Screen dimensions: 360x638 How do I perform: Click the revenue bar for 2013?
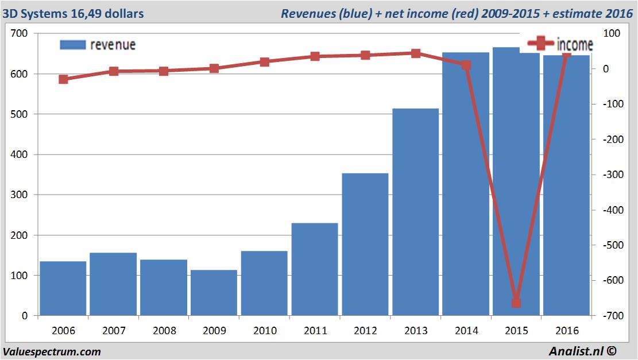(x=415, y=212)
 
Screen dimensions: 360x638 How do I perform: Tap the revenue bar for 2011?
(x=315, y=269)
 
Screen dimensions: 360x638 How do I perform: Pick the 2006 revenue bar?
(x=63, y=288)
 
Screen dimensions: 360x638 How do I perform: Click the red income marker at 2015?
(x=516, y=303)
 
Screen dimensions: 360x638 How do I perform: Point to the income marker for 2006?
(x=63, y=79)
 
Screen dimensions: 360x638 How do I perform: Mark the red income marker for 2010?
(x=264, y=62)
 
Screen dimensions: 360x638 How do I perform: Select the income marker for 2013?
(x=416, y=53)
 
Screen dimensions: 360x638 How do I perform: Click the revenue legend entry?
(x=98, y=45)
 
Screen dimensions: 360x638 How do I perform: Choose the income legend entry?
(x=560, y=44)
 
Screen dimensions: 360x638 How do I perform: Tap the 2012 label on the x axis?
(x=365, y=331)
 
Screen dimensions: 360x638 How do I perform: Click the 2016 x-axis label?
(x=566, y=331)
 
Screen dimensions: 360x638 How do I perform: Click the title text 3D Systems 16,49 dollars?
(x=74, y=13)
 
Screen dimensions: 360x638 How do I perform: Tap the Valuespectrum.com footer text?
(x=52, y=351)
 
